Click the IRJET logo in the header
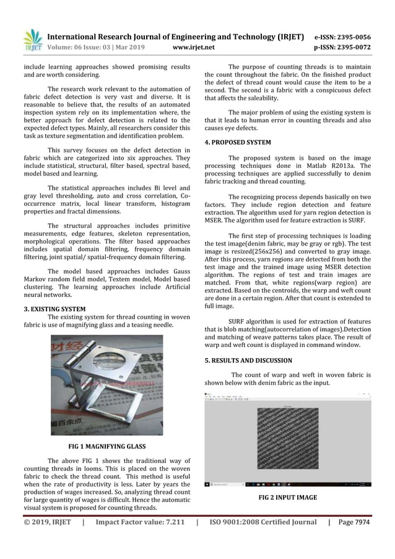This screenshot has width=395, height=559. click(32, 38)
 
